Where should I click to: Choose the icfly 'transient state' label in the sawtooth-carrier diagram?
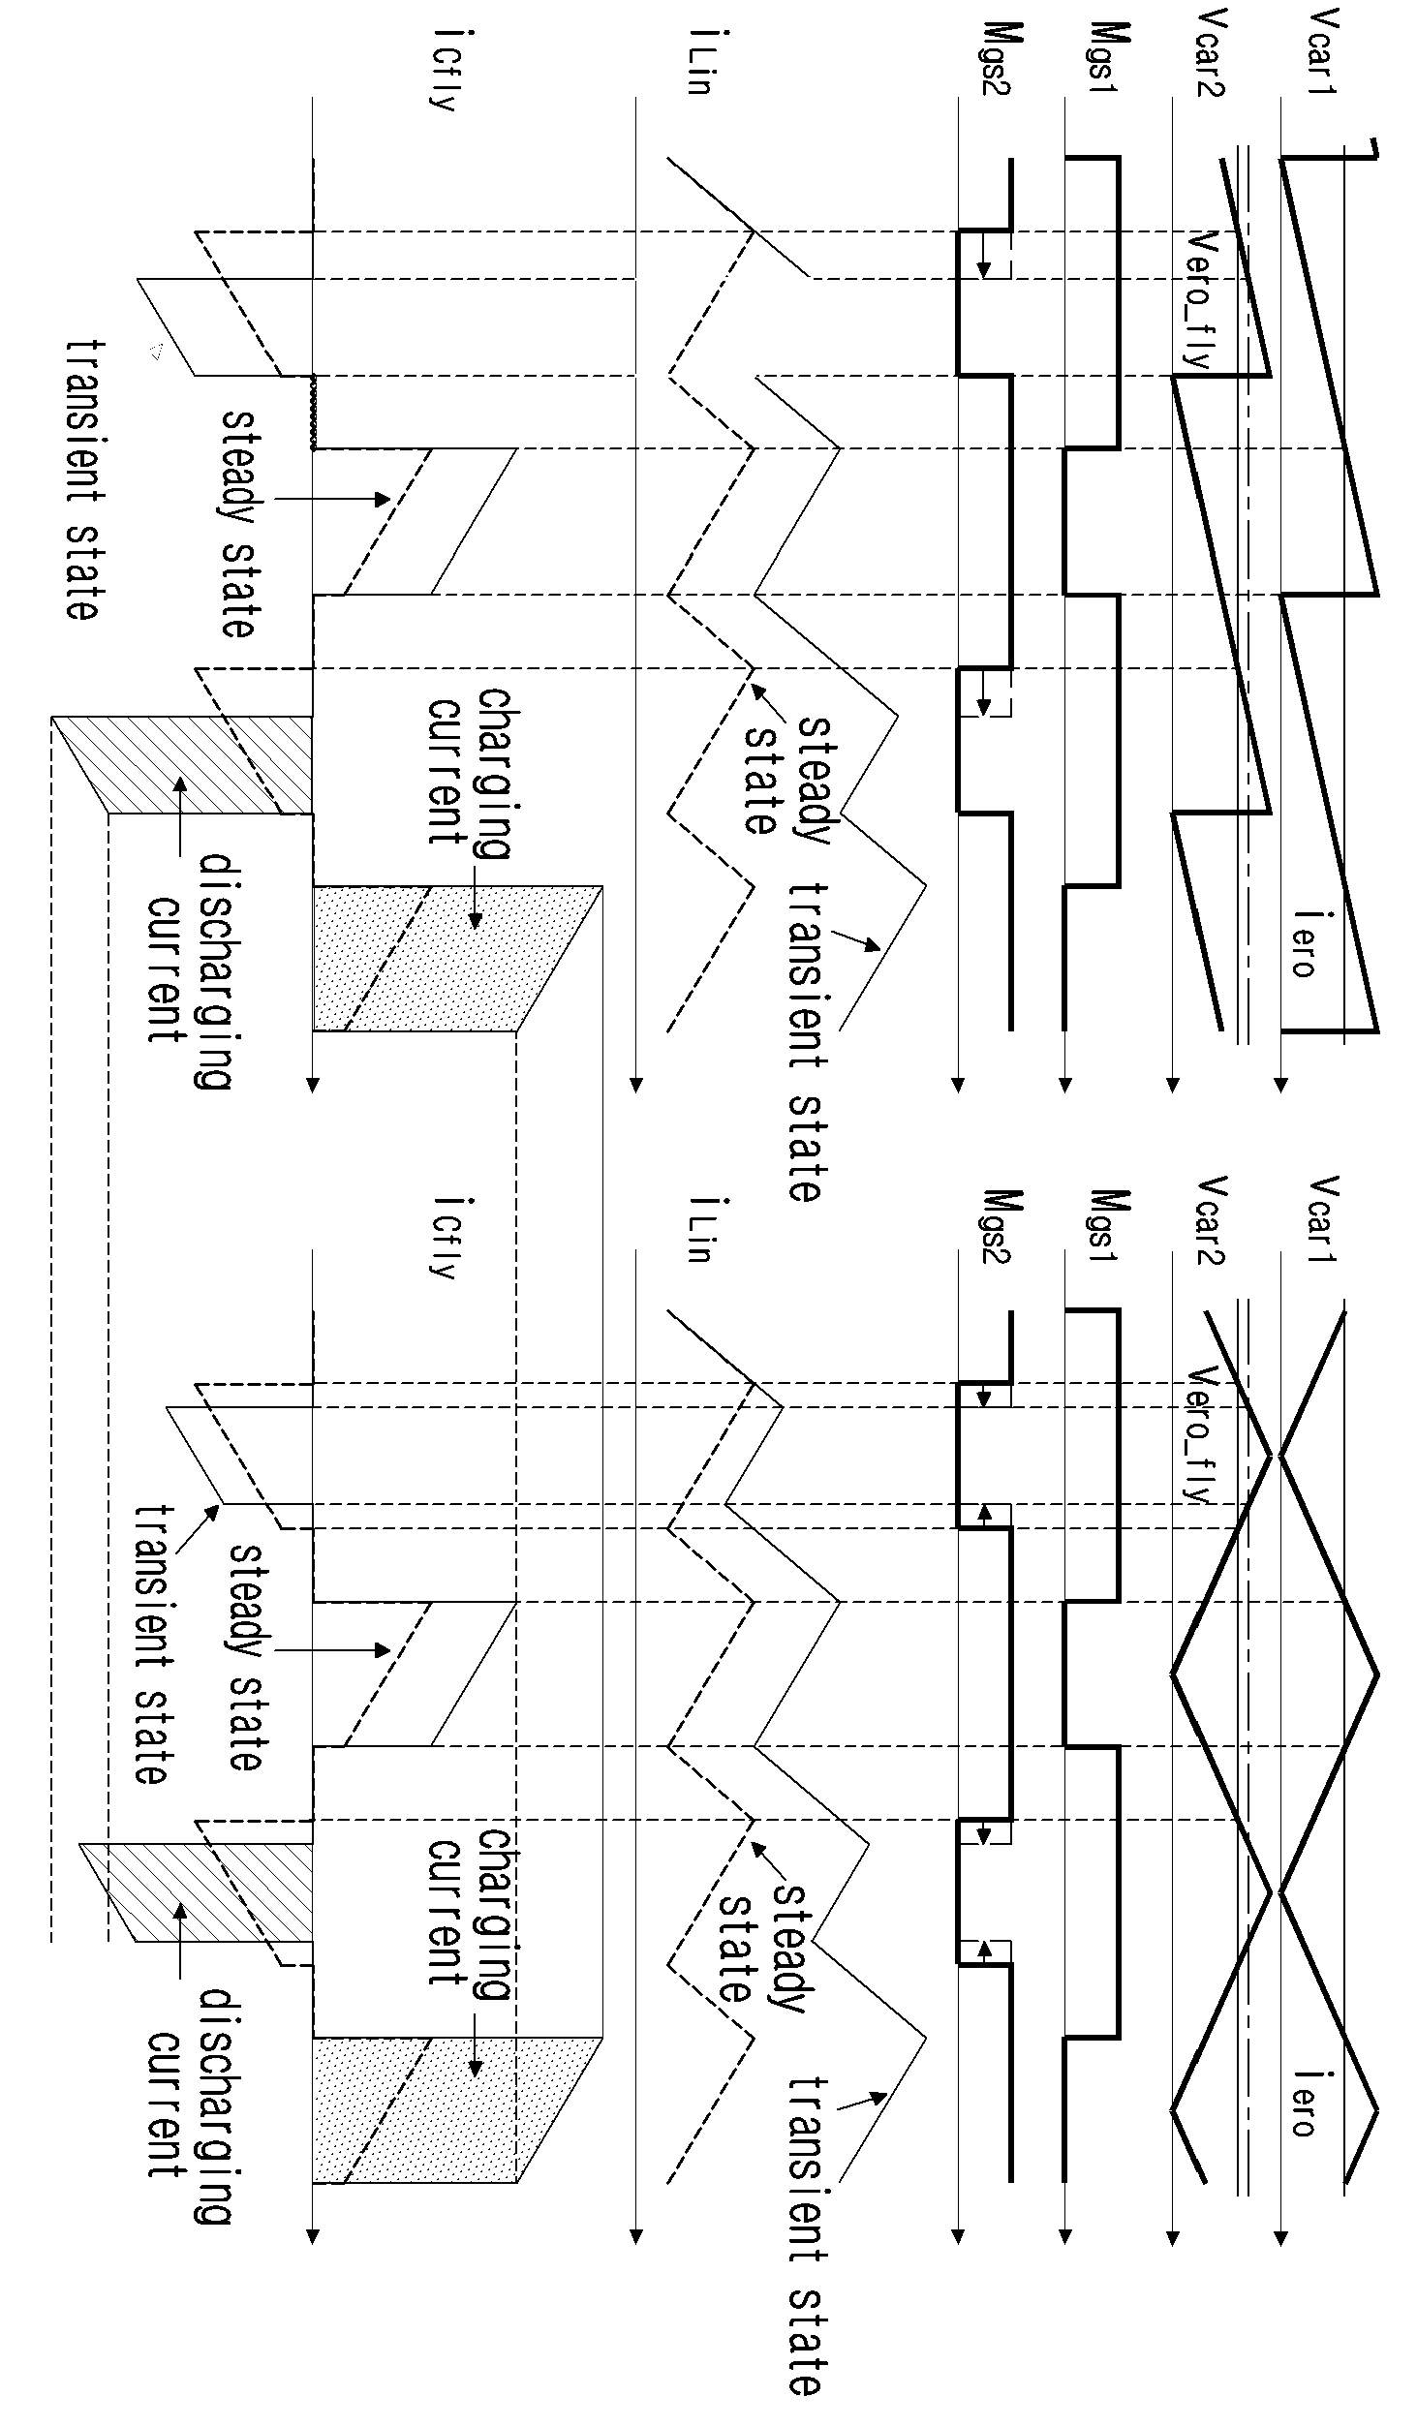point(83,479)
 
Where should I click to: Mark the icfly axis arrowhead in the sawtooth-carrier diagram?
point(313,1084)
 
